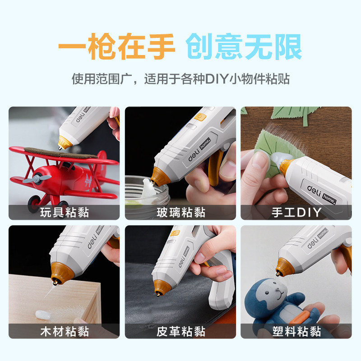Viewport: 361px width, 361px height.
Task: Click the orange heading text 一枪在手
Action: [117, 46]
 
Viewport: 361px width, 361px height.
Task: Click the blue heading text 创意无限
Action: [244, 46]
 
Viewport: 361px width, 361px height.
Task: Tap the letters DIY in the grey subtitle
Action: [217, 79]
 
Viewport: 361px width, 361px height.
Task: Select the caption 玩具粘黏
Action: [65, 212]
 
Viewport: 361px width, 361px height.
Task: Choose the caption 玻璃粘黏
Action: [181, 212]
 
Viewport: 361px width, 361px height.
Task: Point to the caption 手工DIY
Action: [296, 212]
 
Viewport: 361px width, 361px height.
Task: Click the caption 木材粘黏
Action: [65, 332]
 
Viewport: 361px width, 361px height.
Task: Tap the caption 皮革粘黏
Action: [181, 332]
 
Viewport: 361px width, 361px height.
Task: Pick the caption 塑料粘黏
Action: [296, 332]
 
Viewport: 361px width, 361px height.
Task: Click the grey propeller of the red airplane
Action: [37, 179]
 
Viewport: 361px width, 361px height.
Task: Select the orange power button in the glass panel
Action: [200, 117]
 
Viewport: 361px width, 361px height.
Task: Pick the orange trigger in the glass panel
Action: [215, 167]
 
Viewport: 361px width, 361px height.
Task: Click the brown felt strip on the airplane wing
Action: [61, 153]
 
